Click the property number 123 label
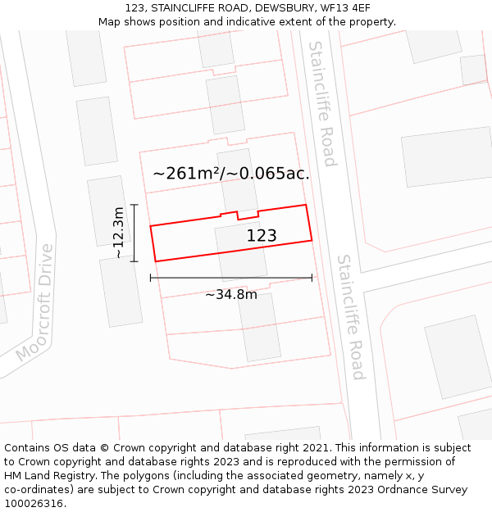[x=262, y=236]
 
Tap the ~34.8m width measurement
[x=230, y=295]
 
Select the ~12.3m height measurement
[x=119, y=233]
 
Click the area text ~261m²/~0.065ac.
[x=230, y=174]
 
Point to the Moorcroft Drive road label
[x=34, y=302]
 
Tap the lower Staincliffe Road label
[x=350, y=317]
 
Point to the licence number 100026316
[x=34, y=504]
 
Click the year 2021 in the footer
[x=314, y=448]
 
